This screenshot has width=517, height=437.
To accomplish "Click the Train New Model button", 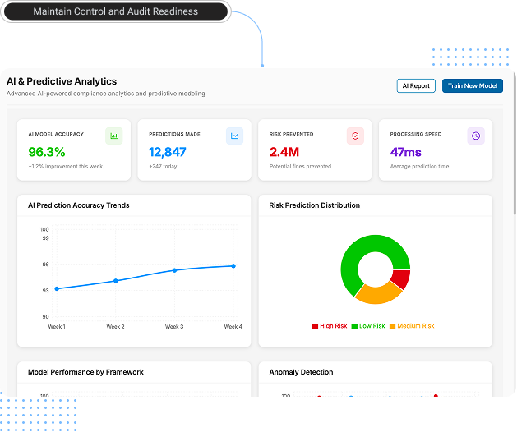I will [x=472, y=85].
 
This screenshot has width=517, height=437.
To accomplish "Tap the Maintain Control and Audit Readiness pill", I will [x=115, y=11].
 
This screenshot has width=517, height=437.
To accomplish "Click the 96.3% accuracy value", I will [x=47, y=152].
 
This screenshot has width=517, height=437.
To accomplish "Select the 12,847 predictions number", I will [x=168, y=152].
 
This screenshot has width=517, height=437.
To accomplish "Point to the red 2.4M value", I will [x=284, y=152].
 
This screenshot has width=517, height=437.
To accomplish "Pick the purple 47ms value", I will [x=406, y=152].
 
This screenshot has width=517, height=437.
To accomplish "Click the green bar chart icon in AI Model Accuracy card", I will [x=114, y=136].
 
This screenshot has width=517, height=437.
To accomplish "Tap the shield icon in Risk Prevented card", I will [x=355, y=136].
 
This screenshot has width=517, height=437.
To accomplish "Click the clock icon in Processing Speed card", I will [x=476, y=136].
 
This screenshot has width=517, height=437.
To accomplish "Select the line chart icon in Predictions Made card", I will [x=235, y=136].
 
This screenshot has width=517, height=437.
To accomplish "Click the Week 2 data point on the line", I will [x=116, y=281].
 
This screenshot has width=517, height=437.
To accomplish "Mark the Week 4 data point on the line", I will [x=233, y=265].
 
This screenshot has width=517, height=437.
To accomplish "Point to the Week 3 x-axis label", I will [x=174, y=327].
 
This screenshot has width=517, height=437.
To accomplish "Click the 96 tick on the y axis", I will [x=45, y=264].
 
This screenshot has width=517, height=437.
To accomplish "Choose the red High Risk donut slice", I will [x=399, y=279].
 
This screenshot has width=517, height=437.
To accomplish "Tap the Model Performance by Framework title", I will [x=85, y=372].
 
